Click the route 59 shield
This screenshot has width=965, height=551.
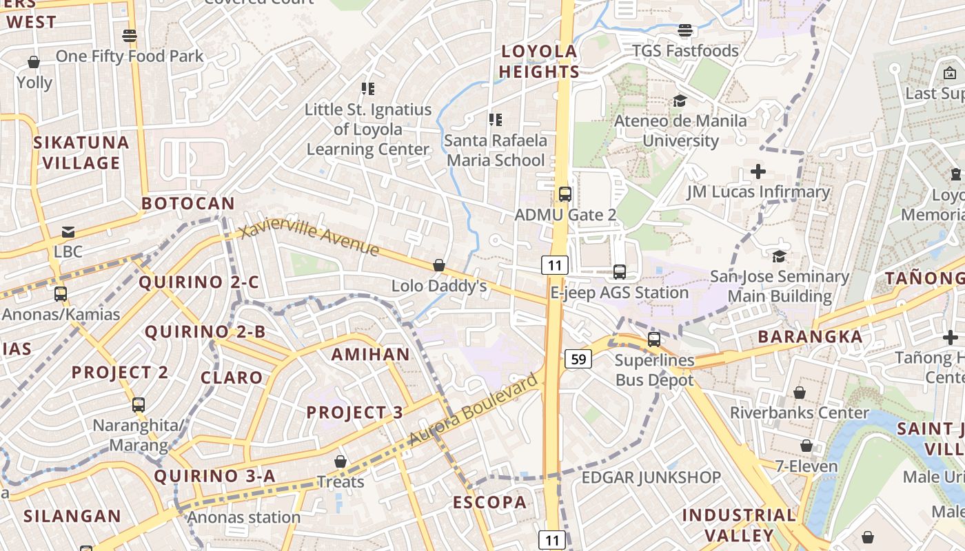579,359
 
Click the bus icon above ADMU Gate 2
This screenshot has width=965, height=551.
565,194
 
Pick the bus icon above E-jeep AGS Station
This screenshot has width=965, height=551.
620,272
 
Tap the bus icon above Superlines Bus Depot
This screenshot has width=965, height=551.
654,340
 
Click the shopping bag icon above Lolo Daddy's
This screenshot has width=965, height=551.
438,265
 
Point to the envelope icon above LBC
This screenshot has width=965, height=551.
68,232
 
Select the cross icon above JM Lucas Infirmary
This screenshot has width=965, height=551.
758,171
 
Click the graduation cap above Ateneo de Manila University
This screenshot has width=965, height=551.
680,101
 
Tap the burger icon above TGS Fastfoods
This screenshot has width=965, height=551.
684,30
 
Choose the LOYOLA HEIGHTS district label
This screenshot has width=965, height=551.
539,61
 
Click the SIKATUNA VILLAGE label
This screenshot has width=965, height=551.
81,153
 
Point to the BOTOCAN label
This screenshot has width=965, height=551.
188,204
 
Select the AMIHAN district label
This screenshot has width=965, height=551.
370,355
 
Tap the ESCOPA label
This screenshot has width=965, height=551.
489,503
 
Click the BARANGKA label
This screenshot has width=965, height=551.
810,337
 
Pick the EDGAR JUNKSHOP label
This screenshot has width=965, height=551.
651,477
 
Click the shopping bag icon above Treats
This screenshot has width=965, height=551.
340,461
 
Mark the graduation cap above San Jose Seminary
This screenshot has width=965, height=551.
779,256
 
